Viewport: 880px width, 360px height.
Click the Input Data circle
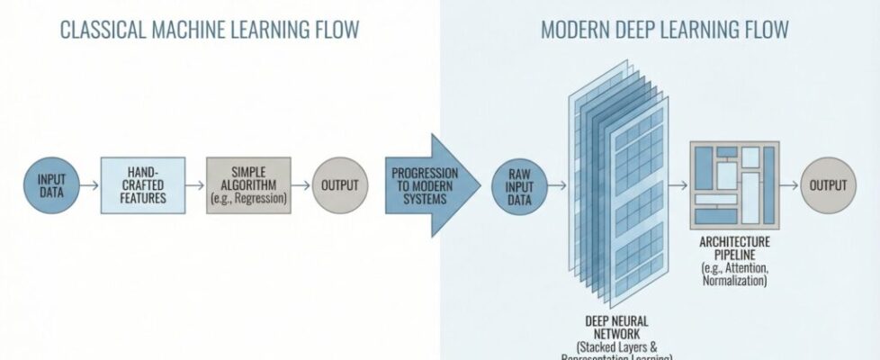click(51, 185)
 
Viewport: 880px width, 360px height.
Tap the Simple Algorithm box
click(247, 185)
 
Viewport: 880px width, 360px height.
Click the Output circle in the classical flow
click(339, 185)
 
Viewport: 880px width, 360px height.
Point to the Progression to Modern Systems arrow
click(428, 185)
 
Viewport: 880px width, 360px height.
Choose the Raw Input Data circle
click(520, 185)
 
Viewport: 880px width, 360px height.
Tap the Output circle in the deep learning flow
click(828, 185)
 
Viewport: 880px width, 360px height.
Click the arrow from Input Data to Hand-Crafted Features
click(89, 186)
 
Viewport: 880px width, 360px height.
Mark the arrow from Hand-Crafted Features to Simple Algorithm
click(194, 186)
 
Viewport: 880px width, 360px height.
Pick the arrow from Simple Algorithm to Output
click(300, 186)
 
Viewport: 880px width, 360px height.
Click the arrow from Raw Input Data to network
click(557, 186)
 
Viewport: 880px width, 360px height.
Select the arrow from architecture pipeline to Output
click(788, 186)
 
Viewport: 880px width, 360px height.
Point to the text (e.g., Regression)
click(247, 198)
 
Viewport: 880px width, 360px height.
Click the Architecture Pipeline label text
click(735, 250)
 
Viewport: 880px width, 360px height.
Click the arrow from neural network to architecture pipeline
click(676, 186)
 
